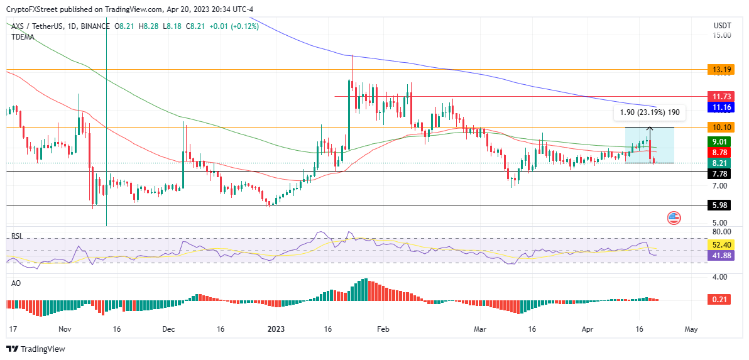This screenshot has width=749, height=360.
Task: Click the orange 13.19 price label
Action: coord(718,69)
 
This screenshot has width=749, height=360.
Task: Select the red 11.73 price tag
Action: coord(718,97)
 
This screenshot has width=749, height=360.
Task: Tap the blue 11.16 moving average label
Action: coord(718,107)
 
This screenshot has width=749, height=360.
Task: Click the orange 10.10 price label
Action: coord(718,128)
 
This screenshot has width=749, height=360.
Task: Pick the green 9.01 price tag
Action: coord(718,142)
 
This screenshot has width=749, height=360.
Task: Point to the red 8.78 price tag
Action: coord(718,152)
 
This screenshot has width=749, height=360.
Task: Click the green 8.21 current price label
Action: coord(718,163)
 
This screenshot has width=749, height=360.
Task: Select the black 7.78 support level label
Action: coord(718,173)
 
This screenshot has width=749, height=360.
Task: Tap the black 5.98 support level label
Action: coord(718,205)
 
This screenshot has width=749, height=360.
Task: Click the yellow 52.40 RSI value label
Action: coord(718,244)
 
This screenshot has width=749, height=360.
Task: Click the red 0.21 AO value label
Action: coord(718,300)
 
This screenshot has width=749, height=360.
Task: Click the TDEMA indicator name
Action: coord(23,36)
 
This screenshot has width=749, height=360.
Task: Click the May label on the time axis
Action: coord(691,329)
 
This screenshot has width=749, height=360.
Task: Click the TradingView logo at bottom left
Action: coord(36,349)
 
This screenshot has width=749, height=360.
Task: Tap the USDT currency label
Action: coord(722,26)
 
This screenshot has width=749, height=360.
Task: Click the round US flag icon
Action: coord(674,219)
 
